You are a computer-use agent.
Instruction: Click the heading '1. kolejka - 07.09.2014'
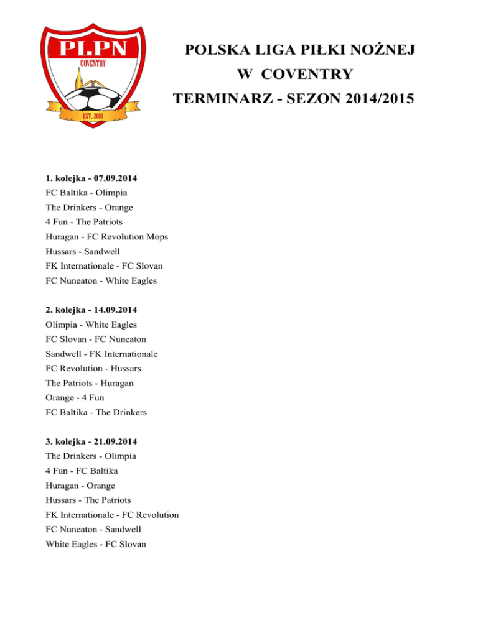click(91, 178)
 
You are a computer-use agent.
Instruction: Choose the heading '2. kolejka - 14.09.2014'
click(91, 310)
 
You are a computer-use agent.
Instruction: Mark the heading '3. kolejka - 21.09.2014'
click(91, 441)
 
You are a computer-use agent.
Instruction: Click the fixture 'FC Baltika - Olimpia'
click(87, 193)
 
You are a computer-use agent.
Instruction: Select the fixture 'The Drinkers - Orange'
click(89, 208)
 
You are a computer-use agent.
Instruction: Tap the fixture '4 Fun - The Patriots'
click(85, 222)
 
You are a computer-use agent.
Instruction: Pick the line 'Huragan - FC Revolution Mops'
click(106, 237)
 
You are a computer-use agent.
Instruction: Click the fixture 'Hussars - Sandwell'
click(84, 251)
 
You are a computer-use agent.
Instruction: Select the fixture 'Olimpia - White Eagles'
click(91, 325)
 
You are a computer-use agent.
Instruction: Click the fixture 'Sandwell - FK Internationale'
click(101, 354)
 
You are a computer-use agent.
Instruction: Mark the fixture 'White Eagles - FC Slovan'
click(95, 543)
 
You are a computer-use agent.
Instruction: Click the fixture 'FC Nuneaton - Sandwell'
click(93, 529)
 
